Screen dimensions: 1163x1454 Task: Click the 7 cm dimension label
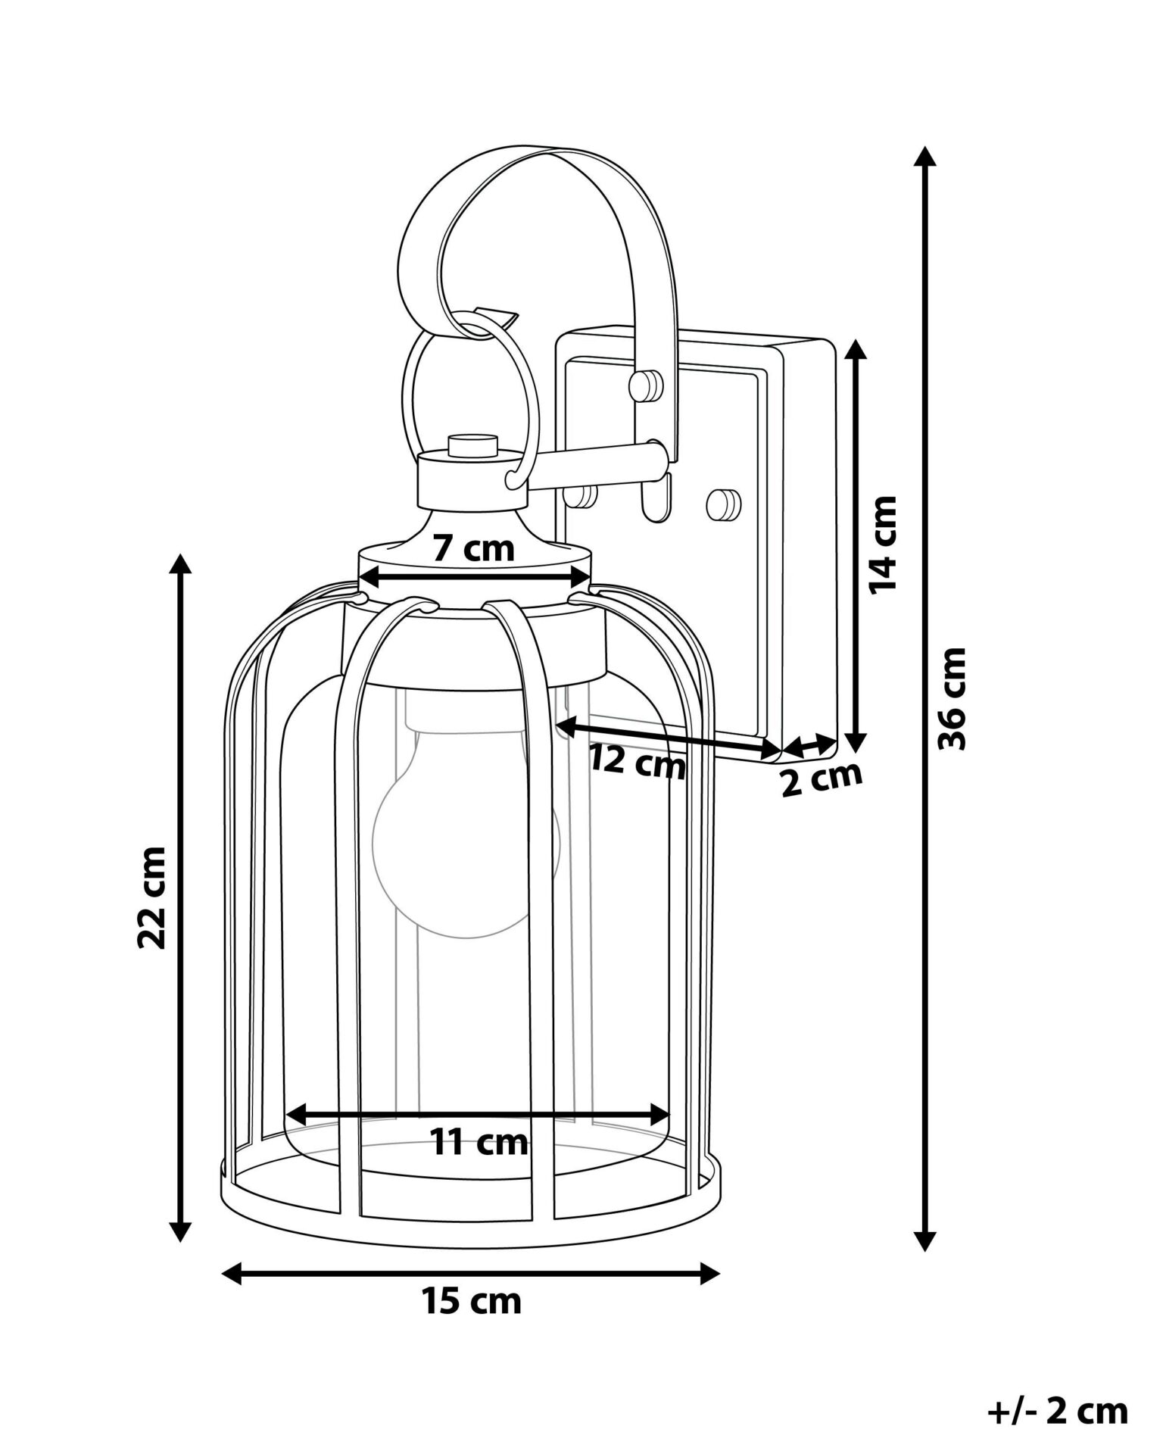coord(473,548)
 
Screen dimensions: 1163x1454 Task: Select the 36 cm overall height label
coord(952,698)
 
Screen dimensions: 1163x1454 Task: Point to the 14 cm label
coord(881,545)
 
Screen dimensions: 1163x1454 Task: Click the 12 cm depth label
coord(638,763)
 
